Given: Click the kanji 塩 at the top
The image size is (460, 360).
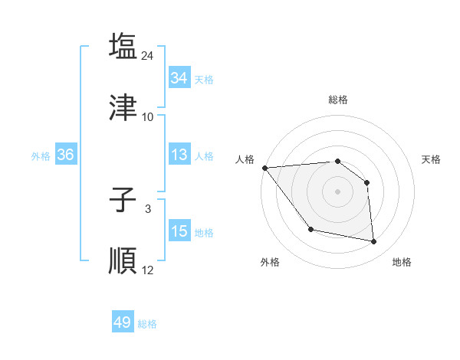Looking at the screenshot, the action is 123,46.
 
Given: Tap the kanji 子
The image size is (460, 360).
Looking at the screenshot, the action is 123,200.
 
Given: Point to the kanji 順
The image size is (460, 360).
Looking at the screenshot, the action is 123,260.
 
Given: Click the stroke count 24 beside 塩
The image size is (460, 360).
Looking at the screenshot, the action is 148,56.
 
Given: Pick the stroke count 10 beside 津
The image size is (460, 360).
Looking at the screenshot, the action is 148,117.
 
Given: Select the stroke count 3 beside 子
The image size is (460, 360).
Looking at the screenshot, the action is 148,208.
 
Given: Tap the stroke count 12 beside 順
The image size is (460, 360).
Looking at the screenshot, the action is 148,270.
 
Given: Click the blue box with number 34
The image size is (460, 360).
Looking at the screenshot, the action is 179,78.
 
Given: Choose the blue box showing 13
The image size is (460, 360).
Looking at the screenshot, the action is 179,155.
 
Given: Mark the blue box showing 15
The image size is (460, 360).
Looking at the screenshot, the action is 179,231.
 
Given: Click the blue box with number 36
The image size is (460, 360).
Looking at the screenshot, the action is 65,155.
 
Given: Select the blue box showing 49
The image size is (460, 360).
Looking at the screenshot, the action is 123,322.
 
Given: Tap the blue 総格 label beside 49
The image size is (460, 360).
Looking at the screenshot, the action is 147,324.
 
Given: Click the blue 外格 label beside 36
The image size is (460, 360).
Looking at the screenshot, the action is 41,156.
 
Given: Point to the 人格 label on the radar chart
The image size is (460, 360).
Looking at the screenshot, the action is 245,159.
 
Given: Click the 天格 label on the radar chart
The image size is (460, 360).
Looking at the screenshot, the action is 431,159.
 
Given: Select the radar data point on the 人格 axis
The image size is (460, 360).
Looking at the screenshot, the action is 264,168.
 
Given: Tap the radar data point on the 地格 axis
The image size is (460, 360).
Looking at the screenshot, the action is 374,242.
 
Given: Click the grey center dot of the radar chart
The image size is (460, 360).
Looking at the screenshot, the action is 337,191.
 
